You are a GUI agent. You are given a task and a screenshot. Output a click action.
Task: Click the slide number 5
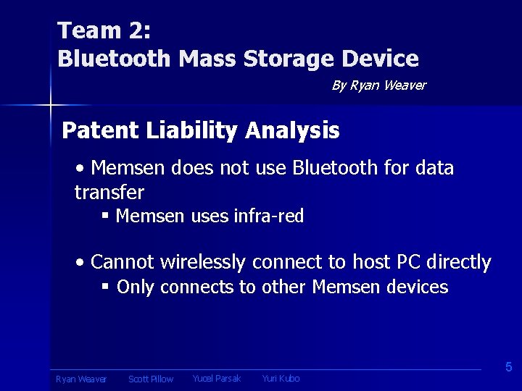pos(508,367)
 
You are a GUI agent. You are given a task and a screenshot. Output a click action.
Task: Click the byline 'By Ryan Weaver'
pos(378,85)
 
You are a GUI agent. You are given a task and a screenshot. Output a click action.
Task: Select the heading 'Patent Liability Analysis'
pos(201,130)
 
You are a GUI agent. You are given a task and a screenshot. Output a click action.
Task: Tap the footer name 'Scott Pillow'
pos(151,379)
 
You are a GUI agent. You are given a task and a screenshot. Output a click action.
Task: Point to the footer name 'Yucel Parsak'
pos(217,378)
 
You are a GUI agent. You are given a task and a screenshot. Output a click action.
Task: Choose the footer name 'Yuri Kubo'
pos(281,378)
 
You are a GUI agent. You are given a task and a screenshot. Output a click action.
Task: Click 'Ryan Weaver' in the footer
pos(81,379)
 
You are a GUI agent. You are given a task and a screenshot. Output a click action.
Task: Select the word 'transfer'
pos(109,192)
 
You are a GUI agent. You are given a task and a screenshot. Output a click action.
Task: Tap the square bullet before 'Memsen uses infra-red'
pos(105,216)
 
